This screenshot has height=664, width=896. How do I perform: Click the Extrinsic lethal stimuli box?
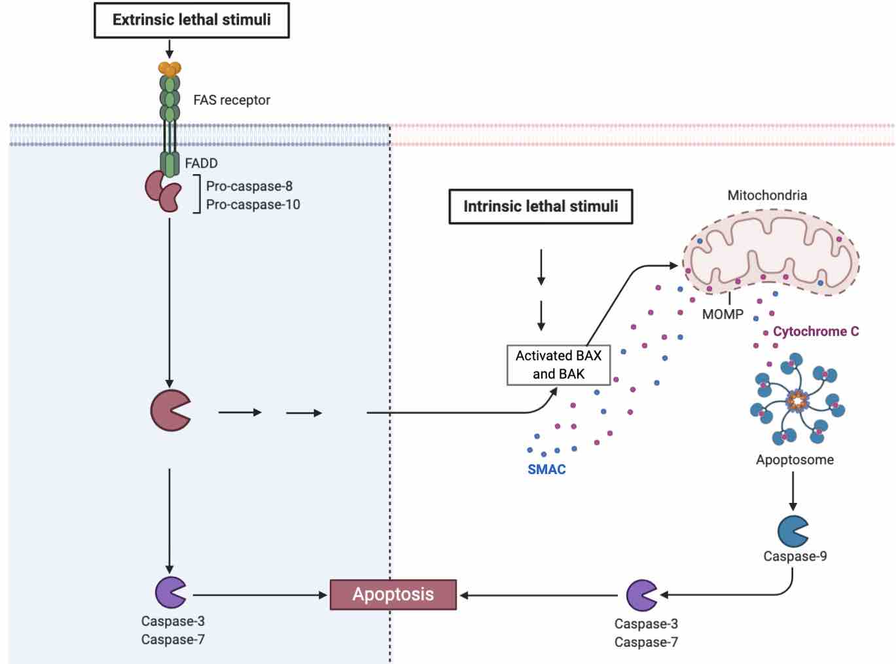[191, 20]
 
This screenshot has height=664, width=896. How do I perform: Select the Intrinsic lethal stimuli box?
[540, 206]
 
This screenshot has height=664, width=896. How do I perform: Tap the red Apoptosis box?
[393, 595]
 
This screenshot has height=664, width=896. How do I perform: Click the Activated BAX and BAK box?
[558, 365]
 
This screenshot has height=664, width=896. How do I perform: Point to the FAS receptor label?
[232, 100]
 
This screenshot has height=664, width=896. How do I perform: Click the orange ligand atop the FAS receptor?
[170, 68]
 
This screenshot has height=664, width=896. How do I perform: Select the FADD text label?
[201, 163]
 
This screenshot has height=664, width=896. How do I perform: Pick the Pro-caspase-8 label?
[249, 186]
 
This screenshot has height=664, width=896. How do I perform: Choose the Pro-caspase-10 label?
[253, 204]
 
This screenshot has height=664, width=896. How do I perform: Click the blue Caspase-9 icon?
[792, 531]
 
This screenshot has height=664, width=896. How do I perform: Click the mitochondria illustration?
[770, 252]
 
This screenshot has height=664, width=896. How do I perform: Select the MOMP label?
[723, 314]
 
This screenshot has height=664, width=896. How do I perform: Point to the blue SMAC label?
[547, 470]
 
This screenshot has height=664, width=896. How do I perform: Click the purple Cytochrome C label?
[815, 331]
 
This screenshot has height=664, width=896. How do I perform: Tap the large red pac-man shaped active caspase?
[170, 411]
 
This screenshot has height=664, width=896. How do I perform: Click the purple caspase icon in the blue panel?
[170, 592]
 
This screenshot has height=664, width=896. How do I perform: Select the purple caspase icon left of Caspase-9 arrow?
[641, 595]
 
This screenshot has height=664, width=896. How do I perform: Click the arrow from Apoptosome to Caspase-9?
[793, 491]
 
